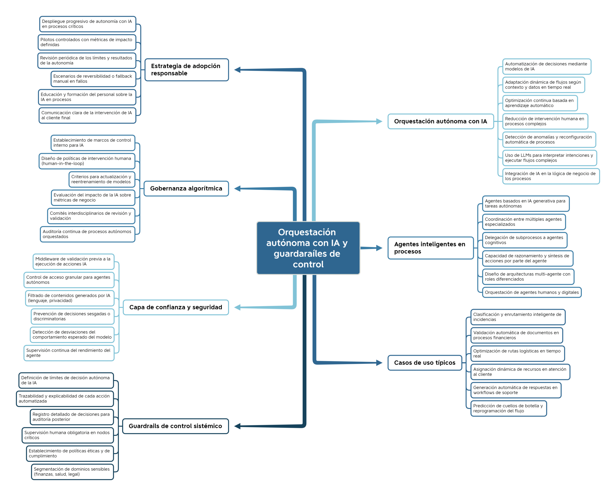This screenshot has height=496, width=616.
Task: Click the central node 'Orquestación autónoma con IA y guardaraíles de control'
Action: point(308,248)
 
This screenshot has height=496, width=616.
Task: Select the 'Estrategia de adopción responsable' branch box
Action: point(187,70)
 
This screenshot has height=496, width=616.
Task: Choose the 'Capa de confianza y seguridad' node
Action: point(176,307)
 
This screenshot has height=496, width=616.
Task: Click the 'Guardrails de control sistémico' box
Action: point(175,426)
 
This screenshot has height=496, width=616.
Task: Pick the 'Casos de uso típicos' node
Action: point(425,363)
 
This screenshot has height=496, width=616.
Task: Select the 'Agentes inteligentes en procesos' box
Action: point(430,248)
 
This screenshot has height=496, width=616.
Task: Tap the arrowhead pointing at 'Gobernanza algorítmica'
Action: point(237,189)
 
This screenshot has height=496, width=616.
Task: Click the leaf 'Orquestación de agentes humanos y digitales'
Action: point(532,292)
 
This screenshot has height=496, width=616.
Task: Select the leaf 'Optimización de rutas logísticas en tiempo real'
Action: point(518,353)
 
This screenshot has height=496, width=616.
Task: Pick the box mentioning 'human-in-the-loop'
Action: point(87,161)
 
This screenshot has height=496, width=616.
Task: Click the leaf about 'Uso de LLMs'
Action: point(550,158)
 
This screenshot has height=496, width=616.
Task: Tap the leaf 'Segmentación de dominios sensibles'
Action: point(72,472)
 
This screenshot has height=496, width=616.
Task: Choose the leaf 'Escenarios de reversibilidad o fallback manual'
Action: point(93,79)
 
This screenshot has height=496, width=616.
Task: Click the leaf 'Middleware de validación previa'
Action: point(73,262)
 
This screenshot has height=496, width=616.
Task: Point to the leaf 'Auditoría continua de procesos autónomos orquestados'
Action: point(88,234)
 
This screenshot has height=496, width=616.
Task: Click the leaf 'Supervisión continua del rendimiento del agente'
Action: point(69,353)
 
